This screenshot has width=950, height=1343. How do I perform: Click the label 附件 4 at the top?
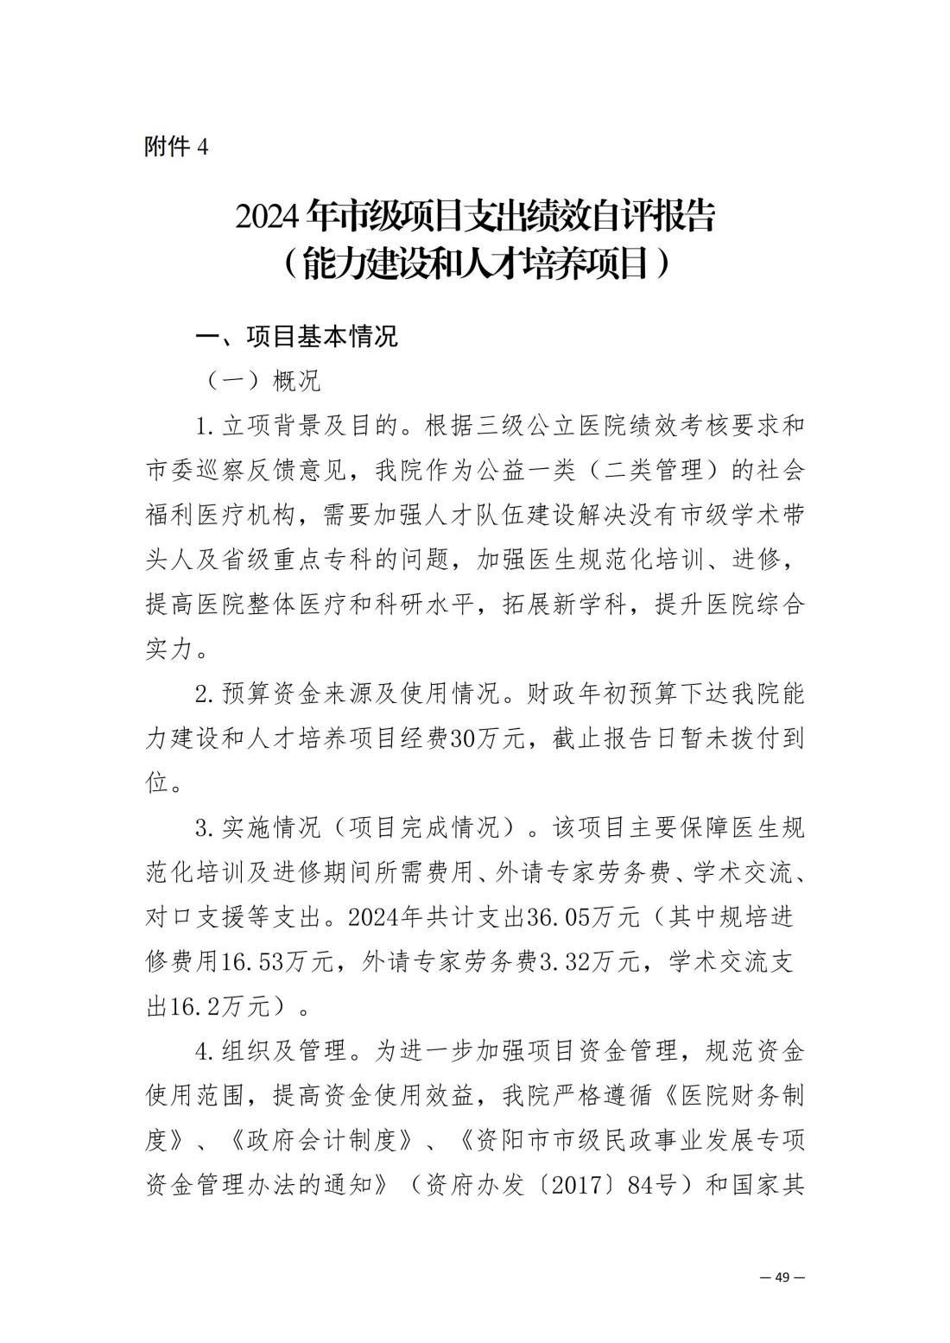[176, 147]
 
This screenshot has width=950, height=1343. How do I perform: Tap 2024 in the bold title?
[269, 218]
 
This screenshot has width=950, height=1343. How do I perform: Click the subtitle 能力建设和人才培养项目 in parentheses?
[475, 264]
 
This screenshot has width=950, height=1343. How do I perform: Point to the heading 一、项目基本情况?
[298, 336]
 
